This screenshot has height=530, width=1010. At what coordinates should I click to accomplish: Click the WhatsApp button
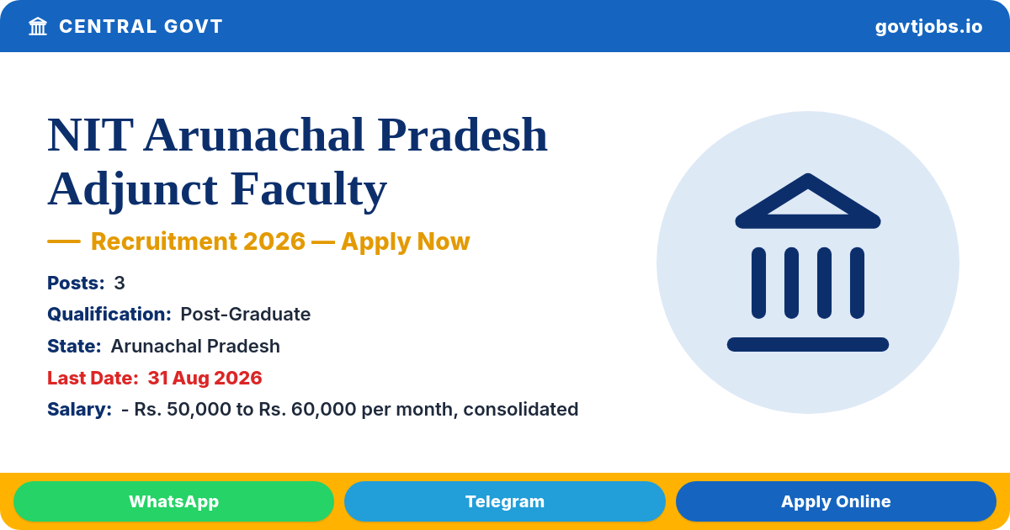click(x=173, y=501)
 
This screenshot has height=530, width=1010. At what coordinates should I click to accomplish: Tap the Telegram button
click(x=504, y=501)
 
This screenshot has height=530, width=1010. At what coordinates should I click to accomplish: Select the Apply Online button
click(x=836, y=501)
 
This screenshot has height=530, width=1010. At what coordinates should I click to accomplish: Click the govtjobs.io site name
click(x=928, y=27)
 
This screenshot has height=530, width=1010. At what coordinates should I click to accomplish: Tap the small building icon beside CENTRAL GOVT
click(x=38, y=26)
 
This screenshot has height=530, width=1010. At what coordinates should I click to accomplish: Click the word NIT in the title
click(x=90, y=135)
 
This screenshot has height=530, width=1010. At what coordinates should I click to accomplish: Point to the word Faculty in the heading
click(x=309, y=189)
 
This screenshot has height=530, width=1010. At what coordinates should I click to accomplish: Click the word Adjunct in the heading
click(x=133, y=189)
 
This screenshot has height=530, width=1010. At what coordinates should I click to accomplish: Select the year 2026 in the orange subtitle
click(x=274, y=241)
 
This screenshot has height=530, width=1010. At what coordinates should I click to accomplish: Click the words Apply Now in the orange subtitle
click(x=406, y=241)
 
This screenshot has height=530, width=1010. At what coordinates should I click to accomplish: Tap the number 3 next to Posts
click(x=119, y=283)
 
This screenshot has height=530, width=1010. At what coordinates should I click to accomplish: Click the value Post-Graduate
click(x=245, y=314)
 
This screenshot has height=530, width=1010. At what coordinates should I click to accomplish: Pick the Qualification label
click(x=109, y=314)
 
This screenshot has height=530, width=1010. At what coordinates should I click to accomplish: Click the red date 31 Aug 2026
click(x=205, y=378)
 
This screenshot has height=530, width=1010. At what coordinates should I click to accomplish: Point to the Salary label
click(x=79, y=409)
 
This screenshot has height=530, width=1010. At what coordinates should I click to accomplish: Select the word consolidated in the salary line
click(x=521, y=409)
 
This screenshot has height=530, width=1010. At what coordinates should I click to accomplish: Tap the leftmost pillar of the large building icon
click(x=758, y=283)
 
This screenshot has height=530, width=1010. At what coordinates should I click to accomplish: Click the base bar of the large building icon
click(x=807, y=344)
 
